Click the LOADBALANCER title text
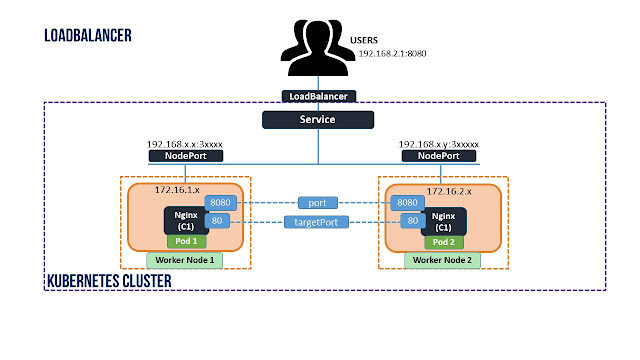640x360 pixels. point(88,36)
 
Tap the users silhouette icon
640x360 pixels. point(318,48)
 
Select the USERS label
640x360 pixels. point(364,40)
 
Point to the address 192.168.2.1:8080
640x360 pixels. point(392,53)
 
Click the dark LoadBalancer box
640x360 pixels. point(319,96)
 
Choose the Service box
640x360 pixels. point(318,120)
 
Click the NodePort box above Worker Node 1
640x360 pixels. point(186,156)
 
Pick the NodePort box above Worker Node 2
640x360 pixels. point(439,156)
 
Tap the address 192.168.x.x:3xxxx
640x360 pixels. point(184,144)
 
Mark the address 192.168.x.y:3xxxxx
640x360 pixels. point(439,144)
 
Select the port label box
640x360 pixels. point(318,203)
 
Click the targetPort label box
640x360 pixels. point(316,222)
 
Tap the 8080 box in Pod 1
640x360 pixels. point(220,203)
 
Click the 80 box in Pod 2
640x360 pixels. point(413,221)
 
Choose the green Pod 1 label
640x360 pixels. point(187,241)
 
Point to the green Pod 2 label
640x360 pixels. point(444,242)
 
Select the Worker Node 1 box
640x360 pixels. point(184,260)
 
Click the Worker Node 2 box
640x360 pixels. point(442,260)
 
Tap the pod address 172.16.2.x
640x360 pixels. point(449,191)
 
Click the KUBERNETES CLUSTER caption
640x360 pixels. point(109,281)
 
